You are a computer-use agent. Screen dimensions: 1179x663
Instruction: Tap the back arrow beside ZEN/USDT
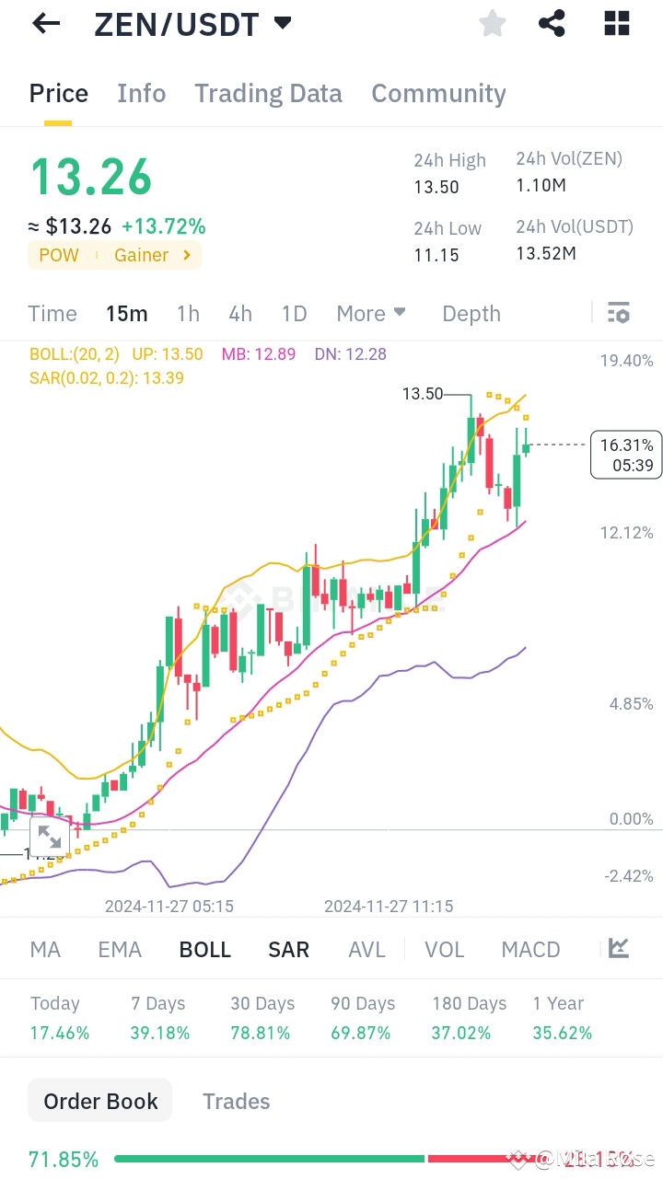click(45, 24)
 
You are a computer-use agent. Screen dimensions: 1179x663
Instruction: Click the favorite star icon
click(493, 24)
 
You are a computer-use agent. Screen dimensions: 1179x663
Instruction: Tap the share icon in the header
click(552, 24)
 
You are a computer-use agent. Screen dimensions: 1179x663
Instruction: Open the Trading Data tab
click(268, 93)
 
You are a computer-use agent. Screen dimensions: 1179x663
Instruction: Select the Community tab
click(438, 93)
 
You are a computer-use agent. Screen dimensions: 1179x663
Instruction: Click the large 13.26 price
click(91, 177)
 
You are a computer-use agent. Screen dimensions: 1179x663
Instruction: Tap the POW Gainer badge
click(115, 255)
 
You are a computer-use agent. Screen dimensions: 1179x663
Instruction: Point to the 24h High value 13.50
click(436, 187)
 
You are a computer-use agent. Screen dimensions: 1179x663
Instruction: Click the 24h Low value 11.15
click(436, 255)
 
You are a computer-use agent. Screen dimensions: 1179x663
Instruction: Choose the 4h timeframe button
click(240, 314)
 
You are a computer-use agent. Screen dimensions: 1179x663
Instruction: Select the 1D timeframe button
click(294, 314)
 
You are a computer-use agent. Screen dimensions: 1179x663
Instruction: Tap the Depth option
click(471, 314)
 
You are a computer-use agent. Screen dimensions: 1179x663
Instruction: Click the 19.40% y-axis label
click(626, 360)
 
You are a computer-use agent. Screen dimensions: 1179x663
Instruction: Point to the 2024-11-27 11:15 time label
click(389, 906)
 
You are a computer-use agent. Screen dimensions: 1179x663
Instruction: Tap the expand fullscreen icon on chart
click(50, 838)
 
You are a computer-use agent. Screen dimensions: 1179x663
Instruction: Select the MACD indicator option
click(530, 950)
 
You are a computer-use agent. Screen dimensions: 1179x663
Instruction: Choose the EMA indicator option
click(120, 950)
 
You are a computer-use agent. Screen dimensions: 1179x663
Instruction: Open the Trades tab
click(237, 1102)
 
